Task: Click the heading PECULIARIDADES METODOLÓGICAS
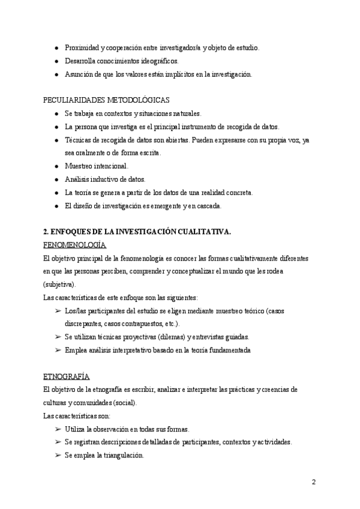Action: point(107,100)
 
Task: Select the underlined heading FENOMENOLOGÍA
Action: point(75,245)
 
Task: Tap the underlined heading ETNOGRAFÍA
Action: point(67,376)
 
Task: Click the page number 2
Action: point(314,482)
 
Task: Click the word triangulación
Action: point(124,455)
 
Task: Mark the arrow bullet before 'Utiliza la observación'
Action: point(58,429)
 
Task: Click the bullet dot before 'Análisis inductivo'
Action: point(56,179)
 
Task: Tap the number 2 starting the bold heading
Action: point(46,232)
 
